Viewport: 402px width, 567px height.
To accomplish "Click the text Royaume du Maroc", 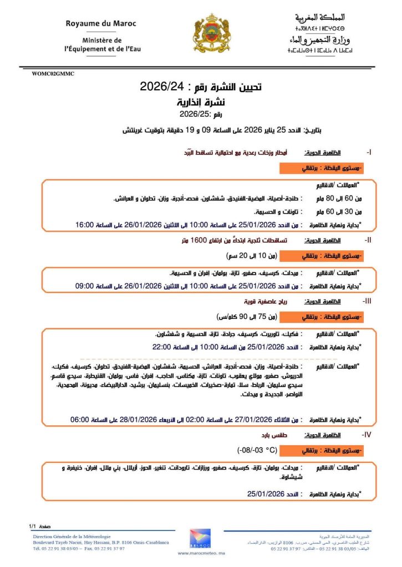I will (x=101, y=24).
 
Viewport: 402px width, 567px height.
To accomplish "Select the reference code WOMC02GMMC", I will (x=53, y=73).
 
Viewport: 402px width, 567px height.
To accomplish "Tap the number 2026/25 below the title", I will (x=193, y=115).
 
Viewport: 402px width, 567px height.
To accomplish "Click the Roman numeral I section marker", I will (x=369, y=151).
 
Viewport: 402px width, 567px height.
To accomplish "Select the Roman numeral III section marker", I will (x=367, y=301).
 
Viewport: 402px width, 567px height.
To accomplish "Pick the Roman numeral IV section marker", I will (x=366, y=435).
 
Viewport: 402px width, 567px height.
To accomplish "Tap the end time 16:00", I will (x=86, y=225).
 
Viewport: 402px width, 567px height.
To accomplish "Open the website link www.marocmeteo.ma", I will (x=200, y=553).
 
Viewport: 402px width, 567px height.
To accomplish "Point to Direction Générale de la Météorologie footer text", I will (x=72, y=536).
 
